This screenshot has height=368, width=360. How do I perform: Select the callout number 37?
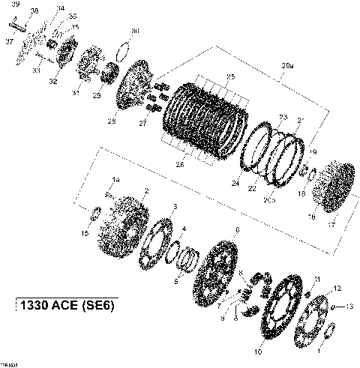(x=9, y=42)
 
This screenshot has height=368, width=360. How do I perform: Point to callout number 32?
(x=53, y=80)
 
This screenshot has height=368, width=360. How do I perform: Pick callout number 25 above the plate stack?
(x=230, y=77)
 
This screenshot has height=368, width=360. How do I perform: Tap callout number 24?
(x=235, y=184)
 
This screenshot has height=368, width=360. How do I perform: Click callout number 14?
(x=115, y=179)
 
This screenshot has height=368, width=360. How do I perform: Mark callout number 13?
(x=348, y=307)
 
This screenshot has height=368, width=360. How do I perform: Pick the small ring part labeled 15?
(x=96, y=215)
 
